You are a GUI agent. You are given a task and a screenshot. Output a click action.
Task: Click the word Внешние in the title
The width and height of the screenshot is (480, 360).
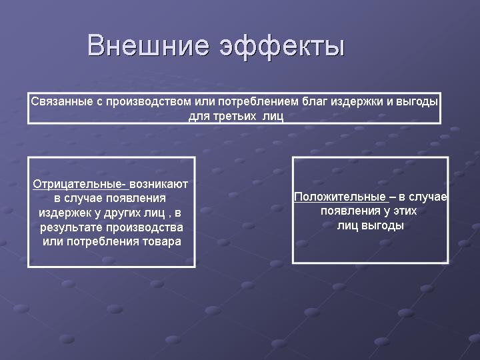click(x=149, y=45)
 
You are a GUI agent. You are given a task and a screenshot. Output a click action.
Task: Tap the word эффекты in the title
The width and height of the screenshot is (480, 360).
click(x=282, y=47)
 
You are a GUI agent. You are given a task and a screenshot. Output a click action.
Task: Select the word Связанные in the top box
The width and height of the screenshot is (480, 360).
click(x=62, y=101)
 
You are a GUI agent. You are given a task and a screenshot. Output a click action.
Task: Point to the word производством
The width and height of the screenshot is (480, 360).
click(x=149, y=102)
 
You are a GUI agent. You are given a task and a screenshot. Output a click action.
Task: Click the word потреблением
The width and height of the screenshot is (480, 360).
click(x=258, y=102)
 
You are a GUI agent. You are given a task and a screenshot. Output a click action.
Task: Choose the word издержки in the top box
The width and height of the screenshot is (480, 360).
click(x=357, y=102)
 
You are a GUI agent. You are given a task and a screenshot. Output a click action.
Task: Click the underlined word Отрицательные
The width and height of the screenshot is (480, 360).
click(x=79, y=184)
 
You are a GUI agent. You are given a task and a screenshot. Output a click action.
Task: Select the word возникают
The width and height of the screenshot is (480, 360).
click(x=159, y=184)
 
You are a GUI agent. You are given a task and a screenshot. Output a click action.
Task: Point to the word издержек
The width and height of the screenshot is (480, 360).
click(x=65, y=213)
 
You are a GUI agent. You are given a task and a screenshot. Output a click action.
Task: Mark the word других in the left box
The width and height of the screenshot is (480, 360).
click(x=124, y=213)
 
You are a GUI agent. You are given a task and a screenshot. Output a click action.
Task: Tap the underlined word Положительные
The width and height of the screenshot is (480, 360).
click(x=340, y=197)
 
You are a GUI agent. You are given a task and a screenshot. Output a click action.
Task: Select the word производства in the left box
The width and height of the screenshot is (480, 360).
click(x=145, y=228)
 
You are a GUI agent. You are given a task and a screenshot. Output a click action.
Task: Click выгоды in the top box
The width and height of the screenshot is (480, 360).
click(x=417, y=102)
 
